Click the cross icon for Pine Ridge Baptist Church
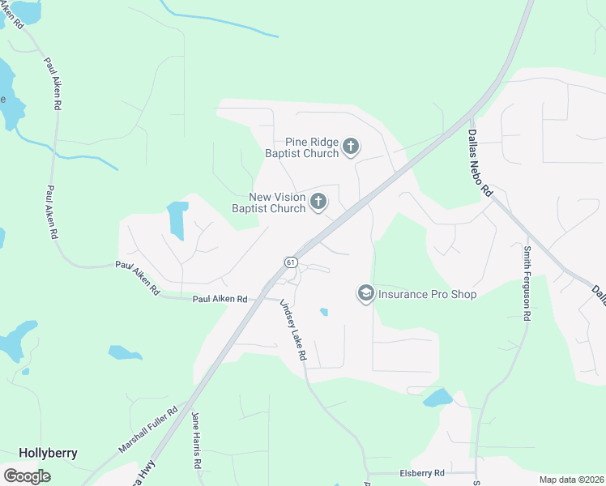(351, 147)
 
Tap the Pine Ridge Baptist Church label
(301, 147)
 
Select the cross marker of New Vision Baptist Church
(318, 202)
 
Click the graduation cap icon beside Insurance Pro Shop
(365, 293)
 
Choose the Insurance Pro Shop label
(427, 294)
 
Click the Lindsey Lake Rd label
(293, 330)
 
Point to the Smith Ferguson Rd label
(527, 283)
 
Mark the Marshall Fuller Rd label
(148, 430)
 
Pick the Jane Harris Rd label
(196, 441)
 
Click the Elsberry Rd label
(422, 473)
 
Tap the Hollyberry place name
(48, 453)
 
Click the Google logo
(27, 476)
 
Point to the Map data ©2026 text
(570, 480)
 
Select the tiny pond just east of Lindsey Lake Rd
(324, 312)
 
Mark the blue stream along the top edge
(219, 23)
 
